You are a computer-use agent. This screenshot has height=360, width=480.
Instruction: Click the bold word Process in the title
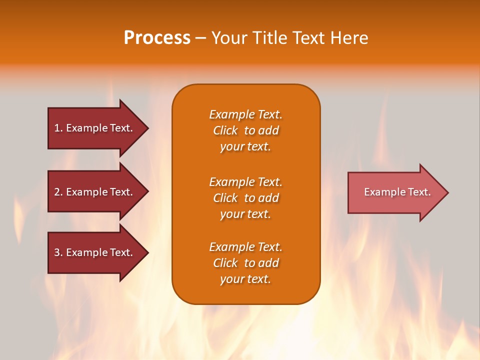click(x=157, y=38)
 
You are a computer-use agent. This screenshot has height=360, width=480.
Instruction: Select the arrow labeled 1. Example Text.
click(x=95, y=128)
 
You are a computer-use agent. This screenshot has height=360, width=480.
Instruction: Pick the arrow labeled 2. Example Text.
click(x=95, y=192)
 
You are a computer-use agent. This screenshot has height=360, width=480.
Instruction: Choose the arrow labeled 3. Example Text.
click(x=95, y=252)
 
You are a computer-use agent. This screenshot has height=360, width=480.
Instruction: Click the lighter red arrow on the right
click(x=395, y=192)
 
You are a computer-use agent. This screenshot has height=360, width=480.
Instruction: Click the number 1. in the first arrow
click(x=58, y=128)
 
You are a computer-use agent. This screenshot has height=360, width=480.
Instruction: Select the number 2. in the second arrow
click(x=58, y=192)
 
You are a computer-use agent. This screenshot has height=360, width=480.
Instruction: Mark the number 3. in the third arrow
click(x=58, y=252)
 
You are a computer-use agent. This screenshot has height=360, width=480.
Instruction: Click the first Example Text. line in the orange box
click(x=245, y=114)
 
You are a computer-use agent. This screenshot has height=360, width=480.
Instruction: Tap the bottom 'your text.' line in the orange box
click(x=245, y=279)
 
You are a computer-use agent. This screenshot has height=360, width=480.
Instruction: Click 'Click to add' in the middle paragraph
click(x=245, y=198)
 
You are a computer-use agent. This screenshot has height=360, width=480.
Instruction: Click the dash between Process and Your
click(x=200, y=38)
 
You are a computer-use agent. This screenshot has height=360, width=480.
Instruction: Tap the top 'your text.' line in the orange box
click(x=245, y=146)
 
